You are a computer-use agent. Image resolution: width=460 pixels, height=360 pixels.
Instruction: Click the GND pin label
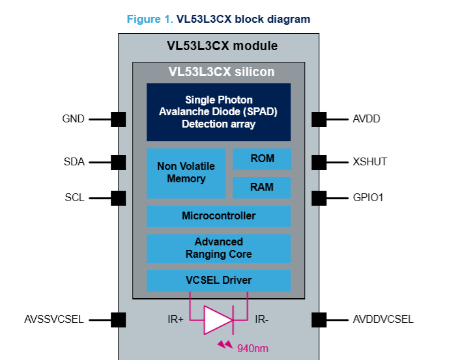[73, 119]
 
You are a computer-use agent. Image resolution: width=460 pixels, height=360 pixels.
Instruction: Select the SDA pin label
[74, 161]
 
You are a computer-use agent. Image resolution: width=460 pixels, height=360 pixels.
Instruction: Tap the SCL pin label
[74, 197]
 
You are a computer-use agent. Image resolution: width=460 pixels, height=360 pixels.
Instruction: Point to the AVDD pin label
[366, 119]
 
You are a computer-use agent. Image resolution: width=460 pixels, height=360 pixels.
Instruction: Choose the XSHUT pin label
[369, 161]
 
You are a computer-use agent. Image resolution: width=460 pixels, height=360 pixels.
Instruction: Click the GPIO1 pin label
[367, 197]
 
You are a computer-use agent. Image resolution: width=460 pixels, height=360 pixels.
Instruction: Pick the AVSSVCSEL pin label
[53, 319]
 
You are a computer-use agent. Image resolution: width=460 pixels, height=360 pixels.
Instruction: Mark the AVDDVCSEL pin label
[383, 319]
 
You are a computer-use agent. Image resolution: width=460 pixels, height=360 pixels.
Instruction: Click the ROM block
[262, 159]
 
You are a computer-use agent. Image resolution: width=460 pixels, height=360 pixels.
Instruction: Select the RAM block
[262, 187]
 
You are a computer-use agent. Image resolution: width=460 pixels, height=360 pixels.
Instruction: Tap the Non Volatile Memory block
[186, 173]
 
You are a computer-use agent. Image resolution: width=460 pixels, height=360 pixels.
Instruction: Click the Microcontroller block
[218, 216]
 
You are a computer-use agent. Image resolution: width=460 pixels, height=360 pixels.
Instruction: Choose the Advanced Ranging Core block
[218, 248]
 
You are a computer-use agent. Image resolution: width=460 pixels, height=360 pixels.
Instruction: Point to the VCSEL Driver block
[218, 281]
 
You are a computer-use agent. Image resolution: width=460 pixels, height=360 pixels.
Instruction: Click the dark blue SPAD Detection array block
[218, 112]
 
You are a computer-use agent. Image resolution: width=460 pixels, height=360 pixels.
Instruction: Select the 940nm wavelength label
[252, 348]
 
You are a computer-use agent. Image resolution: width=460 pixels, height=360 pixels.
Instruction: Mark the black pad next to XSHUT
[319, 161]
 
